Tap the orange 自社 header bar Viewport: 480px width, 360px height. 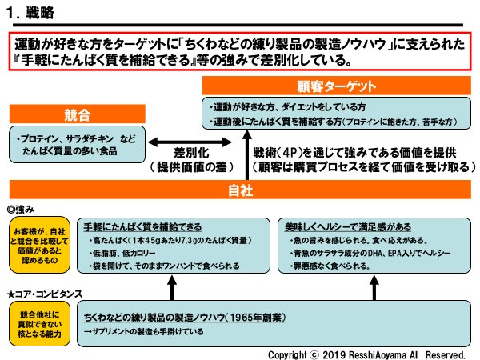click(x=240, y=190)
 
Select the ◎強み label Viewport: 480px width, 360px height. click(x=25, y=206)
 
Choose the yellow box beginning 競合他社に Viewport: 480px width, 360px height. click(x=36, y=321)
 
